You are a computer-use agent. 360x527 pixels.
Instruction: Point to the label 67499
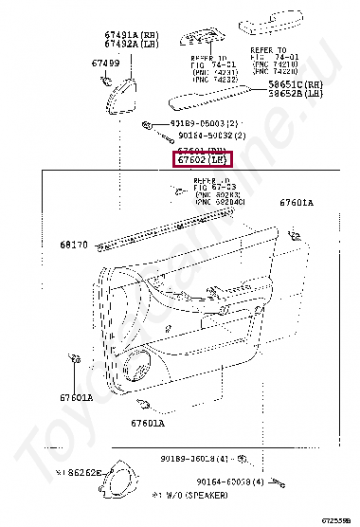[x=105, y=63]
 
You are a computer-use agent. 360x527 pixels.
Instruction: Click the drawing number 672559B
[x=339, y=520]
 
